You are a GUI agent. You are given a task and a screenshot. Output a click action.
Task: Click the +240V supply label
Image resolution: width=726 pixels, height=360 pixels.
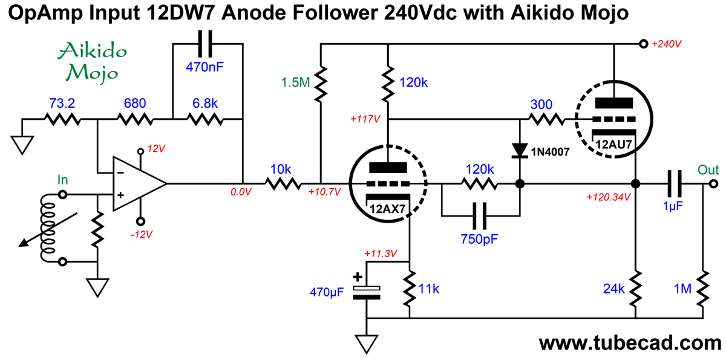point(666,44)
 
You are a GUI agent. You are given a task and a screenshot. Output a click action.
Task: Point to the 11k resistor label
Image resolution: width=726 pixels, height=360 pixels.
point(428,289)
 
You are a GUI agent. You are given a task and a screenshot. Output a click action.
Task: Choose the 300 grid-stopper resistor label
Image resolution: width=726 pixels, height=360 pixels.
point(541,103)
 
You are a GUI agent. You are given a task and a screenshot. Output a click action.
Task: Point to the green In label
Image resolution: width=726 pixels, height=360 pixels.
point(62,180)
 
